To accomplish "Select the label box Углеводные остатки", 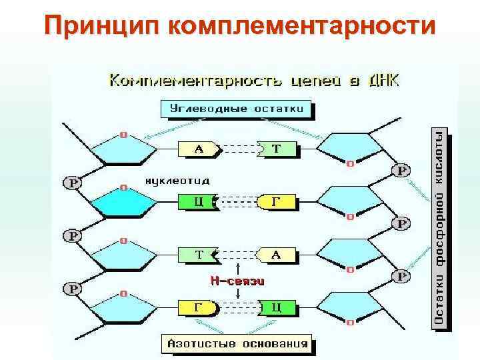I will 237,109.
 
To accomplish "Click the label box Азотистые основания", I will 237,344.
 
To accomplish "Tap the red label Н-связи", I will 239,282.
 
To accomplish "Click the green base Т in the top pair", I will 275,149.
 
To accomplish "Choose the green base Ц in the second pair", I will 198,202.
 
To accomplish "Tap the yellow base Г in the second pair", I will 276,201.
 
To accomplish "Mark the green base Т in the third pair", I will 199,255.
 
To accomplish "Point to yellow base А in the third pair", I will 276,255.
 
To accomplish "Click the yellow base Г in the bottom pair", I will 199,307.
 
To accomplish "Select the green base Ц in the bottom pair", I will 275,307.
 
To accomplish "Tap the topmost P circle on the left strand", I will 72,182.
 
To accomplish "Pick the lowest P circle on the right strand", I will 402,275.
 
